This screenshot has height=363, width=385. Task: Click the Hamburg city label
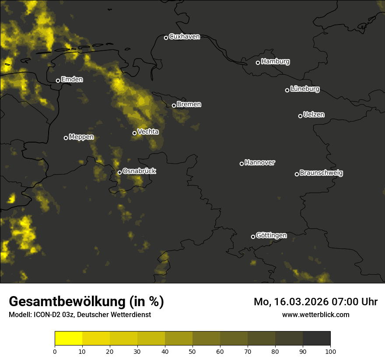(x=275, y=62)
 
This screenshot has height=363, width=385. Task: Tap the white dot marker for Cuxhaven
(x=166, y=38)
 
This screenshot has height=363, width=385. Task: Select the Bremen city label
(x=189, y=105)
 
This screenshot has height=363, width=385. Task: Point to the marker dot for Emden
(x=58, y=80)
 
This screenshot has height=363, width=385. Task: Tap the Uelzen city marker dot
(x=300, y=116)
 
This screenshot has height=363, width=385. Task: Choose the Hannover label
(x=260, y=163)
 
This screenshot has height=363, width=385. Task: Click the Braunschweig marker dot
(x=297, y=174)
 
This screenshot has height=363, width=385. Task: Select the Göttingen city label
(x=271, y=236)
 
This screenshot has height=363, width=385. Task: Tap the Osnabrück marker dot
(x=119, y=172)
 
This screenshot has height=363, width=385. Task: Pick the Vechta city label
(x=148, y=132)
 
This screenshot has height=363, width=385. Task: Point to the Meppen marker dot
(x=66, y=138)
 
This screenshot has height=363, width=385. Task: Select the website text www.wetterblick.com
(x=315, y=314)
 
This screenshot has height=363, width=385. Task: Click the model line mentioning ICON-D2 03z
(x=80, y=315)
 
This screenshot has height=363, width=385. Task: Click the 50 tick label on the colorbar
(x=192, y=351)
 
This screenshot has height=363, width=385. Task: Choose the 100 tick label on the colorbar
(x=330, y=351)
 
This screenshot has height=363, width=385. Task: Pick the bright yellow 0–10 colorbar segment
(x=68, y=339)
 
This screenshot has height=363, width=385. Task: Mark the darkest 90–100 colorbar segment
(x=316, y=339)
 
